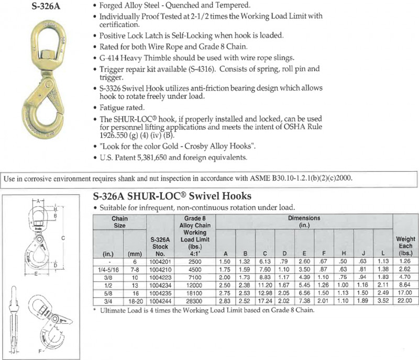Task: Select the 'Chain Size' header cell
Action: coord(119,222)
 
